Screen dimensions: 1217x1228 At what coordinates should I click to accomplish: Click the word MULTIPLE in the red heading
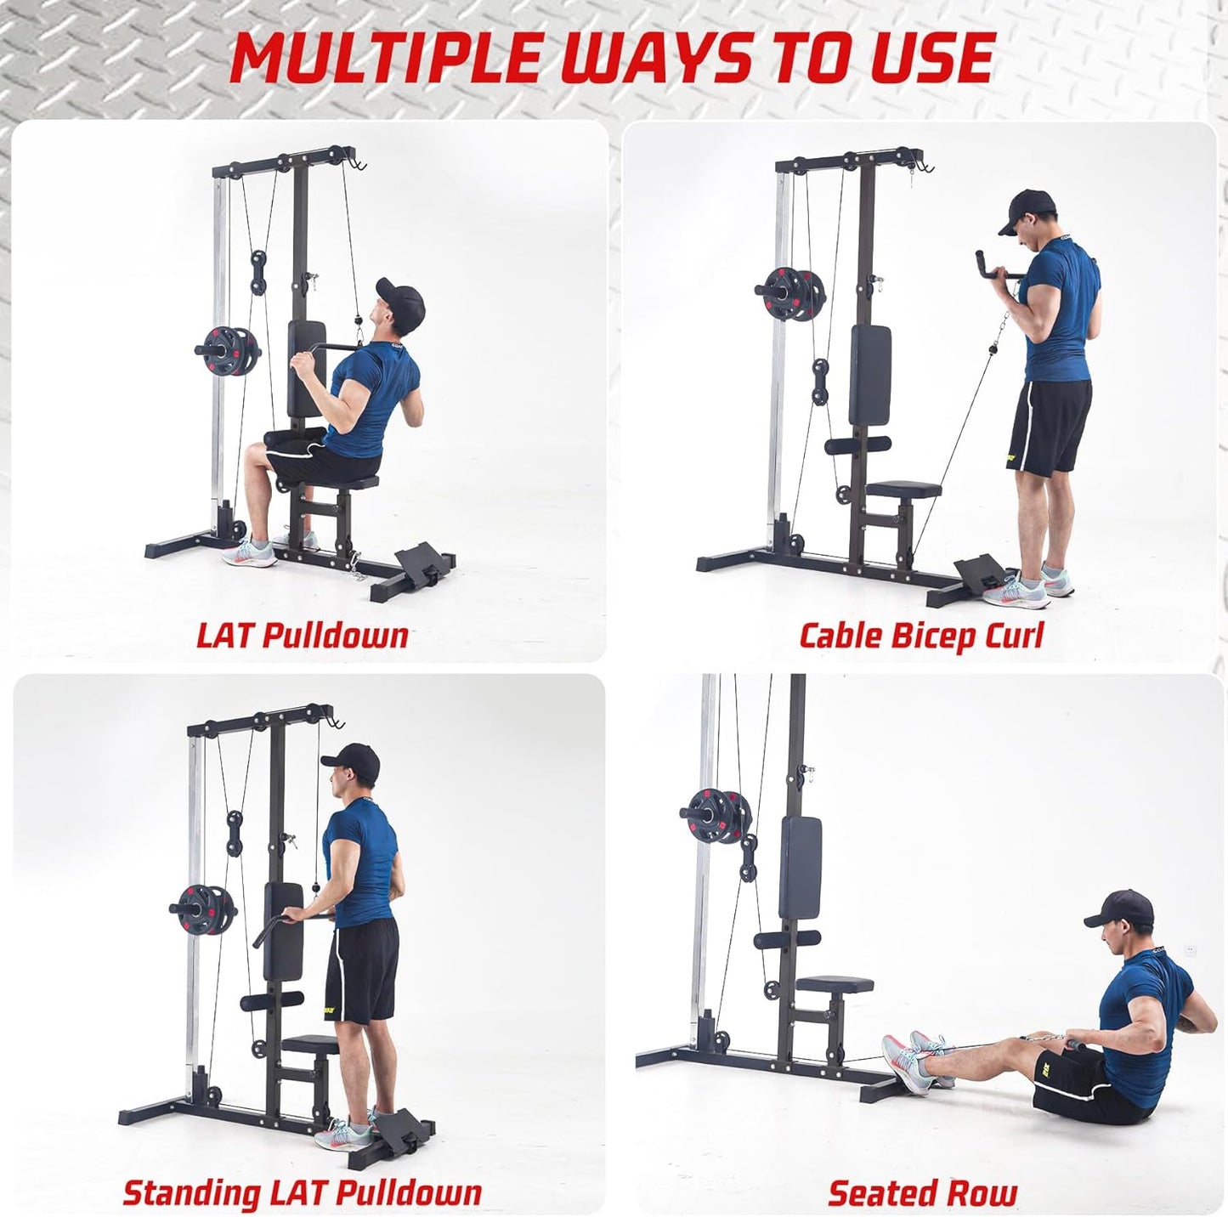pyautogui.click(x=384, y=58)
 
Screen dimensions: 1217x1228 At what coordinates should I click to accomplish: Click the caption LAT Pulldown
pyautogui.click(x=303, y=635)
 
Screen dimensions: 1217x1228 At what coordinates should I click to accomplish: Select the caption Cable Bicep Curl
pyautogui.click(x=920, y=635)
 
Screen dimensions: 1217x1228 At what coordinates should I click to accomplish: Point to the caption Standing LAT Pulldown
pyautogui.click(x=303, y=1192)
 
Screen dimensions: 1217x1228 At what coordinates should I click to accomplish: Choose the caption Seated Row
pyautogui.click(x=922, y=1192)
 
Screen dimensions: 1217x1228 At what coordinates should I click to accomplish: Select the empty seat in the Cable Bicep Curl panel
pyautogui.click(x=905, y=490)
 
